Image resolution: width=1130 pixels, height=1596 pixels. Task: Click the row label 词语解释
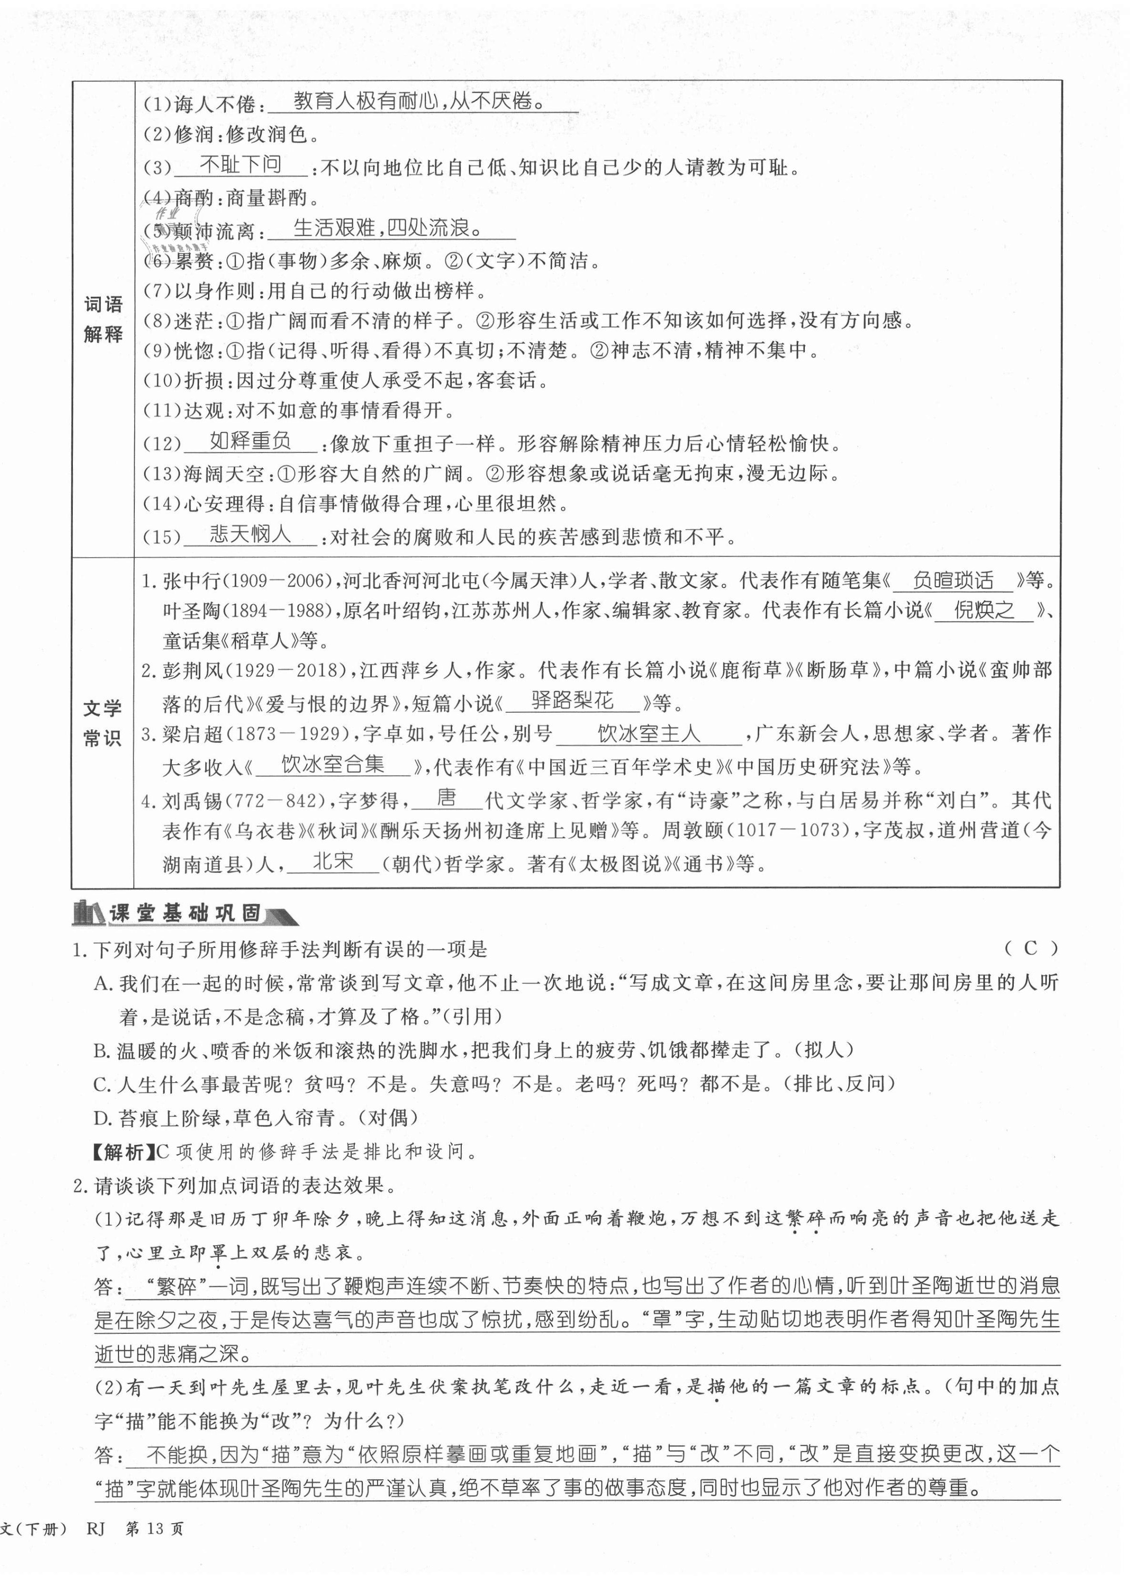pos(103,319)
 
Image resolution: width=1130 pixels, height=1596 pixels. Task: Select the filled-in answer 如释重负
pos(250,441)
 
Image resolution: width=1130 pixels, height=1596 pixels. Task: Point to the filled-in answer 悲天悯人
pos(250,534)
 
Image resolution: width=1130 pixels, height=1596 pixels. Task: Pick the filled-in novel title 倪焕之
pos(983,611)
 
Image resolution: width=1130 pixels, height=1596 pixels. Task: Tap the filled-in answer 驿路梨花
pos(572,701)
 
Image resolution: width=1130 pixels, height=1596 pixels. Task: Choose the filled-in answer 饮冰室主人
pos(648,733)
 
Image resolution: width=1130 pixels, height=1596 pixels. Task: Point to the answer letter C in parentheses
pos(1031,948)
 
